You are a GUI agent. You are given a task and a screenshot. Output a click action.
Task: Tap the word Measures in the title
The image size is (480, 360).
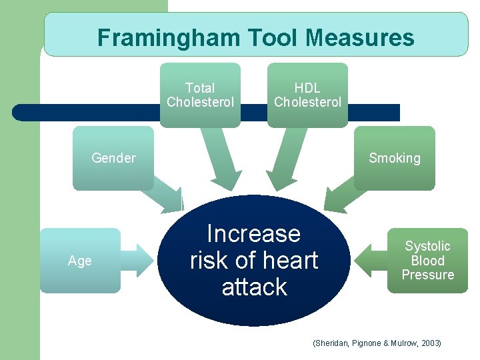[360, 37]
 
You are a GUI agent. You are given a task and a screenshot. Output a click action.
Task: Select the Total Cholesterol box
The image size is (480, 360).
[200, 95]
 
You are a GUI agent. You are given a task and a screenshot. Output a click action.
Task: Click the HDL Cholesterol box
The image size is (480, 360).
[307, 95]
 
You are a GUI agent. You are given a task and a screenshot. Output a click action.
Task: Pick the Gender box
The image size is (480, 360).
[113, 158]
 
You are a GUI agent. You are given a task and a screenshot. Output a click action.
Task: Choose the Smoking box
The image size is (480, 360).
[395, 158]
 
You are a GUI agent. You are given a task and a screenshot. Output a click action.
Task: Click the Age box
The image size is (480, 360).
[80, 261]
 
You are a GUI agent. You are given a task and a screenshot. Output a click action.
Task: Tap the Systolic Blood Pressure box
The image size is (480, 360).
[428, 261]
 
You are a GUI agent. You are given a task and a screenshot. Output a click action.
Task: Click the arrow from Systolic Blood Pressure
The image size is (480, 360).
[369, 261]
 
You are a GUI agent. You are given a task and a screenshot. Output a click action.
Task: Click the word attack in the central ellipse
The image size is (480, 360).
[254, 287]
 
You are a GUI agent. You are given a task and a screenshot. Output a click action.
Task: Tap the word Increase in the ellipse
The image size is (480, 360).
[254, 234]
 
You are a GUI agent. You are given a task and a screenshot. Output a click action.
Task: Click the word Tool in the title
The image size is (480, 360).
[275, 37]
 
